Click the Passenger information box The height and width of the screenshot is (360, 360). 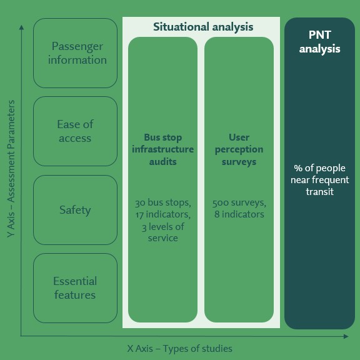point(75,53)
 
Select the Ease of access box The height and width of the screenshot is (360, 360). point(75,131)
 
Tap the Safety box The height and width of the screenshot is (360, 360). point(75,210)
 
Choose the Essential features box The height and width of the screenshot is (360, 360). point(75,288)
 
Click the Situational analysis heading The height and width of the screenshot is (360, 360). point(203,27)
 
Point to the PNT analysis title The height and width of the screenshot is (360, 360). point(319,42)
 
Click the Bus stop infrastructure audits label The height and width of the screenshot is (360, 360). point(162,149)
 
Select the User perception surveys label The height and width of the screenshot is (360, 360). point(239,149)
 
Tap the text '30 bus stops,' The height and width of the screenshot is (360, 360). point(162,202)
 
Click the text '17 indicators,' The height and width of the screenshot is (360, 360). point(162,214)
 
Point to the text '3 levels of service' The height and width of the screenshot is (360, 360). point(162,232)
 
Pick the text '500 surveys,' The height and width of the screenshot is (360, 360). point(239,202)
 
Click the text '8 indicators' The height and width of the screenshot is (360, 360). point(239,214)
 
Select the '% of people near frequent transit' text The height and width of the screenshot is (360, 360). point(319,180)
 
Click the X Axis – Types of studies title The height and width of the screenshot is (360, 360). point(180,349)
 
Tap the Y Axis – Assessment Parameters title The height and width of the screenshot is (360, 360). point(11,169)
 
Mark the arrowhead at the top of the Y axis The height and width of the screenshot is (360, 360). point(22,27)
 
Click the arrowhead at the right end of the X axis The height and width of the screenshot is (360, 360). point(346,336)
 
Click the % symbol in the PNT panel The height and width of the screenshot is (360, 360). point(298,168)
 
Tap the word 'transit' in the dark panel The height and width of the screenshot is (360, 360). point(319,192)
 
